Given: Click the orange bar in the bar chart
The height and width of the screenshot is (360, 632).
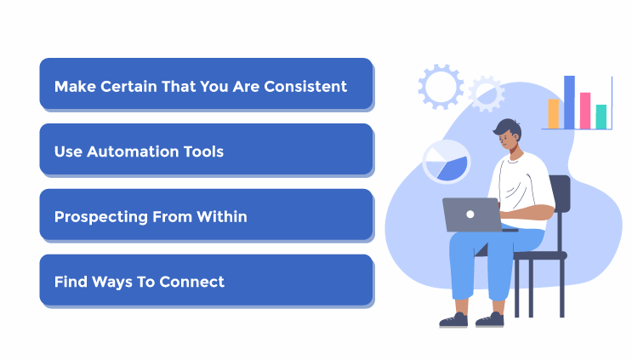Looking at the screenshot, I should pyautogui.click(x=554, y=113).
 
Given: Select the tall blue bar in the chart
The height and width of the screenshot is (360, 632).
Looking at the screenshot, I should pyautogui.click(x=569, y=102).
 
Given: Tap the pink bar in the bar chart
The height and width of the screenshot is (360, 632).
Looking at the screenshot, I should pyautogui.click(x=585, y=111).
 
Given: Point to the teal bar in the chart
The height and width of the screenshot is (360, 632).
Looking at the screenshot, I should pyautogui.click(x=601, y=117).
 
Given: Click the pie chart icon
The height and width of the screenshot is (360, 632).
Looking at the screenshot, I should pyautogui.click(x=447, y=162).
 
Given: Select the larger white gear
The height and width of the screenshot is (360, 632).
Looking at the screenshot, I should pyautogui.click(x=440, y=86).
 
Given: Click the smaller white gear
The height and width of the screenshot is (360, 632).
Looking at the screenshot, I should pyautogui.click(x=487, y=93).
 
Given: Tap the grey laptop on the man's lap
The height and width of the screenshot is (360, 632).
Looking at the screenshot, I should pyautogui.click(x=471, y=214).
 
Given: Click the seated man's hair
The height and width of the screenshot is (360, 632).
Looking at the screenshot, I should pyautogui.click(x=507, y=129).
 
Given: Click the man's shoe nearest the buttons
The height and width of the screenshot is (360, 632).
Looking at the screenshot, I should pyautogui.click(x=453, y=320).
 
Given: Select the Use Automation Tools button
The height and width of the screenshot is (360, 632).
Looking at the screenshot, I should pyautogui.click(x=206, y=151).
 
